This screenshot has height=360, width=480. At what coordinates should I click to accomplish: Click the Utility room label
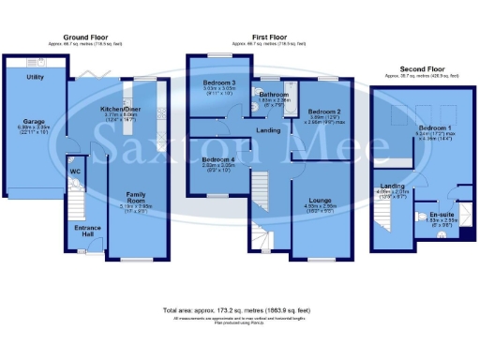click(36, 77)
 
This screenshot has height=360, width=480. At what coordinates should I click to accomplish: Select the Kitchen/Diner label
click(120, 109)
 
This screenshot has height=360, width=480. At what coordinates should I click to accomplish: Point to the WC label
click(74, 172)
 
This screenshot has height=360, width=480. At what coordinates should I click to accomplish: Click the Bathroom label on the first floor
click(274, 95)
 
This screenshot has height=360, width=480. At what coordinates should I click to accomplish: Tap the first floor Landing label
click(267, 130)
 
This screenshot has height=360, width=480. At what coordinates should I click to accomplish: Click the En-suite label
click(429, 216)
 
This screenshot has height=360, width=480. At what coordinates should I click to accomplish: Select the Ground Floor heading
click(84, 38)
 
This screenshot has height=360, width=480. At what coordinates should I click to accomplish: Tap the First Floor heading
click(268, 38)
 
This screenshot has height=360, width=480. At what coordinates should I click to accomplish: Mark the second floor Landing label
click(388, 186)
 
